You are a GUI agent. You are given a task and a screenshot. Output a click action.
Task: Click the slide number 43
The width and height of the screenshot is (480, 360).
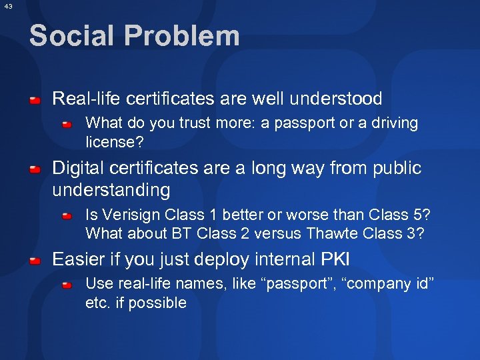pos(7,6)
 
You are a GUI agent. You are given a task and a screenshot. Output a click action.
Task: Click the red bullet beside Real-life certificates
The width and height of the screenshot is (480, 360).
pos(35,100)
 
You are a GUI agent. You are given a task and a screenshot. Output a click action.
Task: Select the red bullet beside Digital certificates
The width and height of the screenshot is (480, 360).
pos(35,169)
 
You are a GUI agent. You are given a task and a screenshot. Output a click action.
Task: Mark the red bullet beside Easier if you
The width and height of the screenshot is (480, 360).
pos(35,259)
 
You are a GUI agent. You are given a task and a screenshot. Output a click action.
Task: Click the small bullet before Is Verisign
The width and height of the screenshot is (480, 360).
pos(67,216)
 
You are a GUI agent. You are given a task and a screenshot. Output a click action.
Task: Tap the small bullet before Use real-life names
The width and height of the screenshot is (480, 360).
pos(67,285)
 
